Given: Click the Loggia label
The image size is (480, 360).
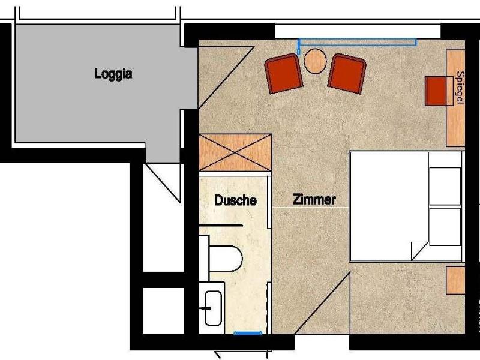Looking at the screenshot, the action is pyautogui.click(x=113, y=74).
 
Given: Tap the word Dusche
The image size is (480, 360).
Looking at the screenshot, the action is pyautogui.click(x=235, y=200).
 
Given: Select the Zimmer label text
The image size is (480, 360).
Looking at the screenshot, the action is pyautogui.click(x=314, y=200).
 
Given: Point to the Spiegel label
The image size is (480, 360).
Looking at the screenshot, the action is pyautogui.click(x=460, y=88).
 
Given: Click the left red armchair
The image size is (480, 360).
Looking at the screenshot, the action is pyautogui.click(x=284, y=73).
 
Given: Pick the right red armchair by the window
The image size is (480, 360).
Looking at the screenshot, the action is pyautogui.click(x=347, y=73).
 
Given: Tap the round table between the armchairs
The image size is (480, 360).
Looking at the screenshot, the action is pyautogui.click(x=315, y=61).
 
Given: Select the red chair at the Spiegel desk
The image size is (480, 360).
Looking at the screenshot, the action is pyautogui.click(x=436, y=91).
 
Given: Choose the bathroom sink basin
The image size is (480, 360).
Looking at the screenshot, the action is pyautogui.click(x=213, y=308).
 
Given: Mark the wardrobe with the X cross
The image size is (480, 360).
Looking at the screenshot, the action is pyautogui.click(x=235, y=152).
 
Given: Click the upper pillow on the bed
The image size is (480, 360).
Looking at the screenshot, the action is pyautogui.click(x=445, y=186).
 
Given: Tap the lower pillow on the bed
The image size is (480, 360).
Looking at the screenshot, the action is pyautogui.click(x=445, y=227).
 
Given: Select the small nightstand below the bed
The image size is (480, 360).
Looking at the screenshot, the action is pyautogui.click(x=455, y=280).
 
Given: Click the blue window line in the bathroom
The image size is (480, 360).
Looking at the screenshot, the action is pyautogui.click(x=248, y=333).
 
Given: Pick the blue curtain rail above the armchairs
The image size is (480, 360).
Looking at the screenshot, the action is pyautogui.click(x=357, y=43).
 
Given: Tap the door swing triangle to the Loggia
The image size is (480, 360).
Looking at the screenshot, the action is pyautogui.click(x=226, y=77).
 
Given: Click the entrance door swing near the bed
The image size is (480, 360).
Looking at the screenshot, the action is pyautogui.click(x=322, y=303).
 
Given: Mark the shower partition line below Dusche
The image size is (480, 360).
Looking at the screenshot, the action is pyautogui.click(x=221, y=226).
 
